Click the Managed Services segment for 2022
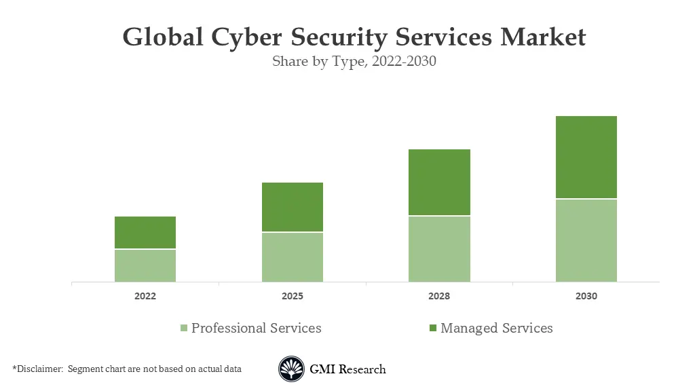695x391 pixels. pyautogui.click(x=145, y=233)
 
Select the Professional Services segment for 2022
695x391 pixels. pyautogui.click(x=145, y=265)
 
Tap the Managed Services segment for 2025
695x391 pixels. pyautogui.click(x=293, y=207)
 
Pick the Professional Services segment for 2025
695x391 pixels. pyautogui.click(x=293, y=257)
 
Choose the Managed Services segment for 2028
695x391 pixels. pyautogui.click(x=439, y=182)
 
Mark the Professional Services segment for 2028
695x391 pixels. pyautogui.click(x=439, y=248)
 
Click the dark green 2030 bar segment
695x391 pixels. pyautogui.click(x=586, y=157)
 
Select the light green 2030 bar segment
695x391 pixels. pyautogui.click(x=586, y=240)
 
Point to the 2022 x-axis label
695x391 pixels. pyautogui.click(x=145, y=297)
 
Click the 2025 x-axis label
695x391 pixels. pyautogui.click(x=293, y=297)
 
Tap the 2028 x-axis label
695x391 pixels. pyautogui.click(x=439, y=297)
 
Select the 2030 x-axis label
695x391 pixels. pyautogui.click(x=586, y=297)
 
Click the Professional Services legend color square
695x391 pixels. pyautogui.click(x=183, y=329)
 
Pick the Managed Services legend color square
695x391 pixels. pyautogui.click(x=432, y=329)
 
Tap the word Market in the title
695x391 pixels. pyautogui.click(x=542, y=37)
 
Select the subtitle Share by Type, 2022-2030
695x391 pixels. pyautogui.click(x=354, y=61)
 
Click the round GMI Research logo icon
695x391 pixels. pyautogui.click(x=291, y=369)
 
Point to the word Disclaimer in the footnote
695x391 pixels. pyautogui.click(x=39, y=369)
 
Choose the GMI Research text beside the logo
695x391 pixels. pyautogui.click(x=347, y=369)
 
